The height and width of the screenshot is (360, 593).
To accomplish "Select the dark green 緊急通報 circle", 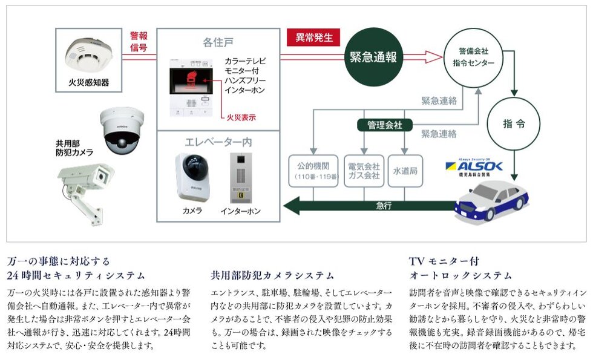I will [373, 57].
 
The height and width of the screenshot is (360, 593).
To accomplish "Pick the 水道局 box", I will [405, 171].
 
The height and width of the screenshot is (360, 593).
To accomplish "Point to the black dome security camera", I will [122, 131].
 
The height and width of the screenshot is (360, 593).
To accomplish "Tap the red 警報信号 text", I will [139, 41].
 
